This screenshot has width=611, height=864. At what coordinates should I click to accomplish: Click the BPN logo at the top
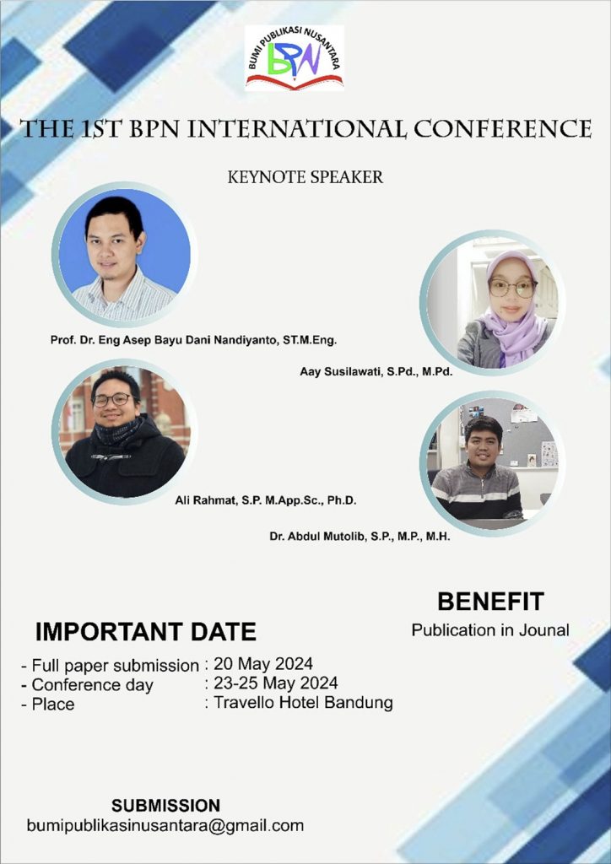[x=295, y=58]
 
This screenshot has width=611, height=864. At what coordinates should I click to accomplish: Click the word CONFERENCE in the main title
[x=503, y=128]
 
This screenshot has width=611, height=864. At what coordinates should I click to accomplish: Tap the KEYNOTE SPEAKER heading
[x=305, y=177]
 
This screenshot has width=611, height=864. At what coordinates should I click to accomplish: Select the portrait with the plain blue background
[x=125, y=254]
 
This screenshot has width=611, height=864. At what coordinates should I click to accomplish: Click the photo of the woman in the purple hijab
[x=493, y=303]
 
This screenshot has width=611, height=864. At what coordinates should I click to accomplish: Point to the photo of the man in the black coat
[x=125, y=432]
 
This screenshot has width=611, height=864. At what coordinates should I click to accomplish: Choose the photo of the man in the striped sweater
[x=493, y=464]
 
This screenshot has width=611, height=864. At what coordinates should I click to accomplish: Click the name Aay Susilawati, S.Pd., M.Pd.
[x=376, y=372]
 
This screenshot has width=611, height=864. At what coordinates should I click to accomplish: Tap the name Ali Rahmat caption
[x=266, y=501]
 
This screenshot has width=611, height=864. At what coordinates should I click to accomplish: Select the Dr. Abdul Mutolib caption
[x=360, y=536]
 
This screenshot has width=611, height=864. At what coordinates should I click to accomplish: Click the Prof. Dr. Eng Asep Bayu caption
[x=193, y=340]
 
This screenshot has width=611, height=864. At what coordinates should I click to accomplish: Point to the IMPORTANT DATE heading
[x=146, y=631]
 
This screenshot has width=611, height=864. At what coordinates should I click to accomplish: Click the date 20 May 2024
[x=263, y=663]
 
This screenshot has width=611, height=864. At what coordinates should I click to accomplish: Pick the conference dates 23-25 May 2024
[x=275, y=683]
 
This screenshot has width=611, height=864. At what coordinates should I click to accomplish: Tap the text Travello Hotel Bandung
[x=303, y=703]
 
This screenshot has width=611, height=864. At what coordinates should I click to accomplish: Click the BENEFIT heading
[x=491, y=601]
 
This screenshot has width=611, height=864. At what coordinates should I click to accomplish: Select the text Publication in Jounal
[x=490, y=629]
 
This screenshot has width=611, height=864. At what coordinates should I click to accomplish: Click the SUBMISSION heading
[x=166, y=805]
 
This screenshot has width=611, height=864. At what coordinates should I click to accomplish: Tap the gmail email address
[x=165, y=825]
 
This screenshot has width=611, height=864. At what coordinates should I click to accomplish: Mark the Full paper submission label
[x=115, y=666]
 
